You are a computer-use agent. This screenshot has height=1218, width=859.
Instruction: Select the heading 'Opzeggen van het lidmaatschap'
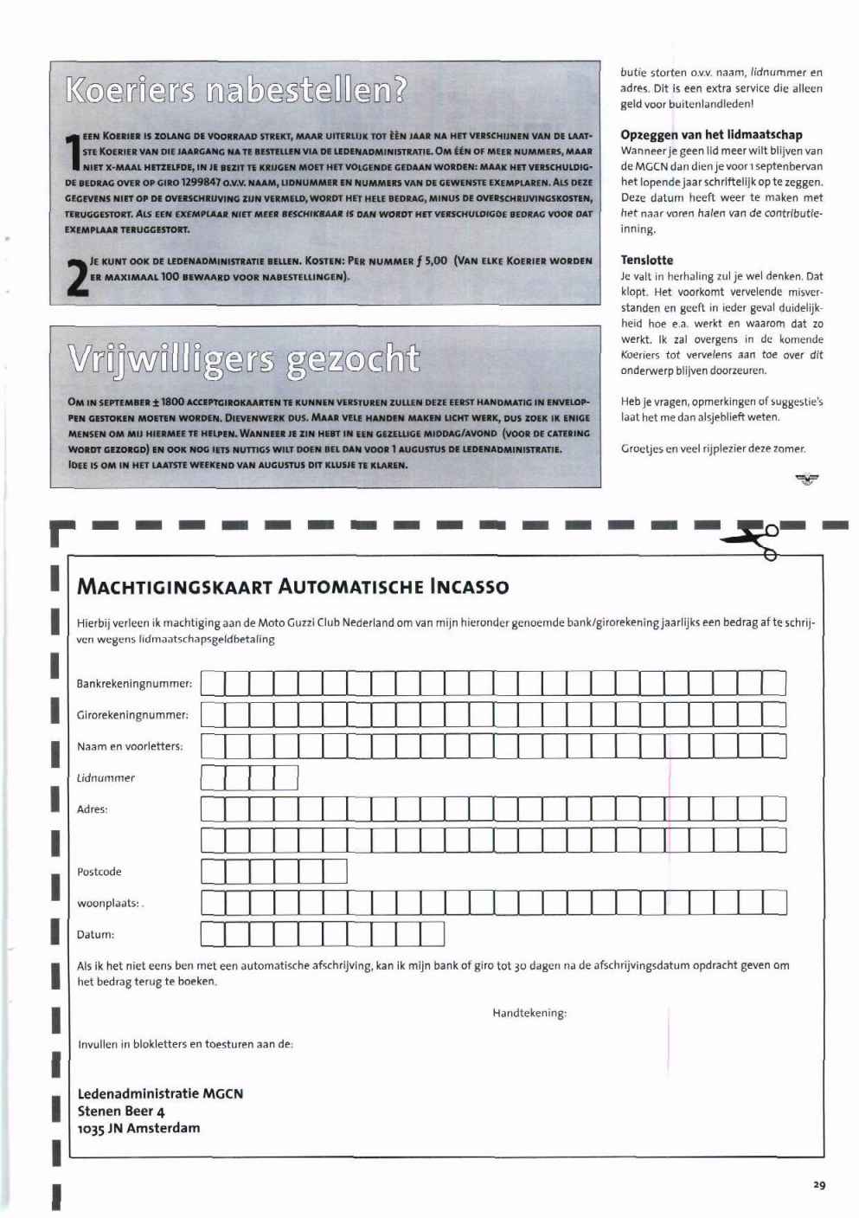coord(711,134)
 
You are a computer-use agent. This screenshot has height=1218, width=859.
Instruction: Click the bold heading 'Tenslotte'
coord(646,260)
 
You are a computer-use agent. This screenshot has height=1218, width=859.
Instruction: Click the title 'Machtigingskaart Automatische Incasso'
coord(293,587)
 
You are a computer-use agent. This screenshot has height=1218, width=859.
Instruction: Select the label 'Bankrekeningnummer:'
coord(134,684)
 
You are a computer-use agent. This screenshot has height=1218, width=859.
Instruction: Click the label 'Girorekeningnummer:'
coord(132,715)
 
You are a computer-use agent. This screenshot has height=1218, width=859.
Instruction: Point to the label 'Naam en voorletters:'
coord(130,746)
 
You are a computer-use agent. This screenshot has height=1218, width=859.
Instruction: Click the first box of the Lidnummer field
coord(213,777)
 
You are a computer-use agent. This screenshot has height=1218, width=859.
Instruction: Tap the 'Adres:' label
coord(93,809)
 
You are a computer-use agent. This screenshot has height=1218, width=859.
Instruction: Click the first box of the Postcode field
coord(213,871)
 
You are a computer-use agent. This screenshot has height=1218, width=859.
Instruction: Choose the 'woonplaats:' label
coord(108,903)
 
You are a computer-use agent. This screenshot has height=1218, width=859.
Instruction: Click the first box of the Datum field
coord(213,934)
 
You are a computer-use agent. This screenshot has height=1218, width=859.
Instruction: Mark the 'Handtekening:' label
coord(529,1013)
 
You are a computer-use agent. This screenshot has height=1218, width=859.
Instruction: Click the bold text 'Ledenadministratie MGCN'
coord(160,1093)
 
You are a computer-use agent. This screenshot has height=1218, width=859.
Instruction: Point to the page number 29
coord(818,1185)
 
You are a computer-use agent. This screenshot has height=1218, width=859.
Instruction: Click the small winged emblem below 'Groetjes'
coord(807,479)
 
